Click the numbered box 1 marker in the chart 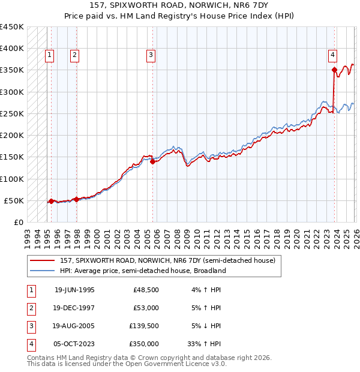click(49, 55)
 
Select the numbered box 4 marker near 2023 click(332, 55)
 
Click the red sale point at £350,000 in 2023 click(334, 70)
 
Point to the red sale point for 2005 click(153, 161)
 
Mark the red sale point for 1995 click(51, 201)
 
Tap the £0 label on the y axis click(19, 222)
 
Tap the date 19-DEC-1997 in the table click(74, 308)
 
